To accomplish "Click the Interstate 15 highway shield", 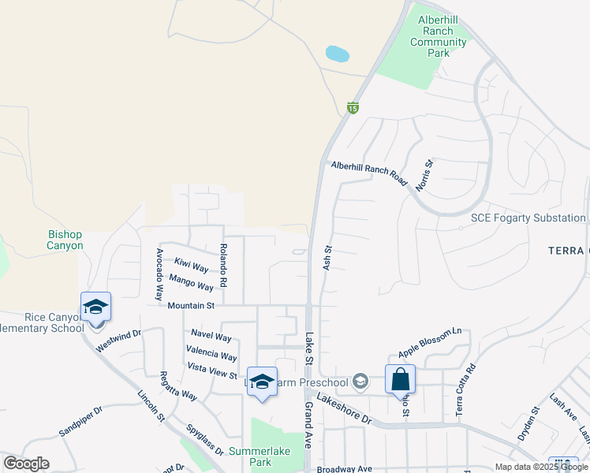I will (x=353, y=108).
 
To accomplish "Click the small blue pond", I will (x=337, y=54).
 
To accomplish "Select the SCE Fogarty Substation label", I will (x=528, y=218).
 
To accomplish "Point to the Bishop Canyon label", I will (x=65, y=240).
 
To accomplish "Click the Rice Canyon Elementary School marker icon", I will (x=95, y=307).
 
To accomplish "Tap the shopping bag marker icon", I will (x=400, y=379).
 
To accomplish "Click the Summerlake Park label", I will (x=260, y=456).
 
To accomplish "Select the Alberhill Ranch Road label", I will (x=369, y=173).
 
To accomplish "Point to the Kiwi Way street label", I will (x=192, y=265).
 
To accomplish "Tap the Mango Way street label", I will (x=191, y=281).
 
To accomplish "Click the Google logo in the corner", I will (x=26, y=464).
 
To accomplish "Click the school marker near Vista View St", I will (x=263, y=382).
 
